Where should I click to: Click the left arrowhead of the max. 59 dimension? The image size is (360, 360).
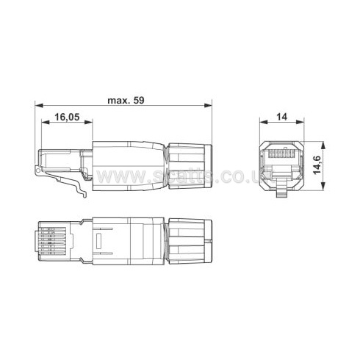coord(37,108)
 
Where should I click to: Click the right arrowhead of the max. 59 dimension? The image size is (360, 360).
coord(212,108)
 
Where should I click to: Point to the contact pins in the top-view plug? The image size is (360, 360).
coord(51,240)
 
